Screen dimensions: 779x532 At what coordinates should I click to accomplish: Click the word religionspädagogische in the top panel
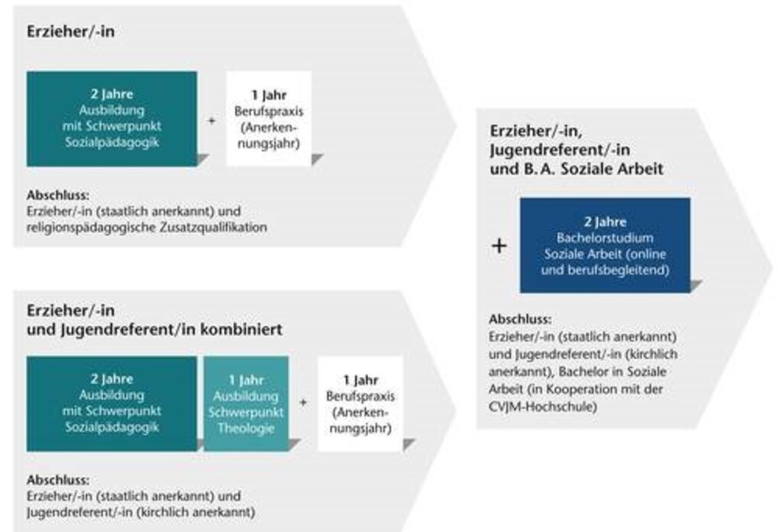[x=92, y=228]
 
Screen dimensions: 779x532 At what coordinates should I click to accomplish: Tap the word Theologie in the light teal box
[x=246, y=428]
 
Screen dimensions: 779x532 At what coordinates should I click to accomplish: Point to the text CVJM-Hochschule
[x=543, y=407]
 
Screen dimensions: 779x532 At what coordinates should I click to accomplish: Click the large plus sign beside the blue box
[x=499, y=245]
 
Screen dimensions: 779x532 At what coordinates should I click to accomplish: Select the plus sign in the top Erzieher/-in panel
[x=212, y=120]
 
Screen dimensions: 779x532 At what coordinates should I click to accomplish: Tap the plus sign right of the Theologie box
[x=303, y=403]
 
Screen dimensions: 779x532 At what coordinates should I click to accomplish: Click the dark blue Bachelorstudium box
[x=605, y=245]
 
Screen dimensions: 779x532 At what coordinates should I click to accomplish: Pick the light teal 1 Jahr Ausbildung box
[x=246, y=404]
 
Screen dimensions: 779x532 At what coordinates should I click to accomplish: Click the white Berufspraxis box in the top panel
[x=269, y=118]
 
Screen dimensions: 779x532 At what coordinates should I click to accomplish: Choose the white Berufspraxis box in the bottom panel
[x=360, y=404]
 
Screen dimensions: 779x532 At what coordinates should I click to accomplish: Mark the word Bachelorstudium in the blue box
[x=605, y=238]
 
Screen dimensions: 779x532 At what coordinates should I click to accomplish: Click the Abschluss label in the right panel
[x=520, y=320]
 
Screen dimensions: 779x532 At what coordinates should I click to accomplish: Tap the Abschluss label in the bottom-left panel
[x=58, y=480]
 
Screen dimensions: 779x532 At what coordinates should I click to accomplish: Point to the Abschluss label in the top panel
[x=58, y=195]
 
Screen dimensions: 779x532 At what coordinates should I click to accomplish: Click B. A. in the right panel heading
[x=538, y=169]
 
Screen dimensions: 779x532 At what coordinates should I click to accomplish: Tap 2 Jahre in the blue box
[x=605, y=222]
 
